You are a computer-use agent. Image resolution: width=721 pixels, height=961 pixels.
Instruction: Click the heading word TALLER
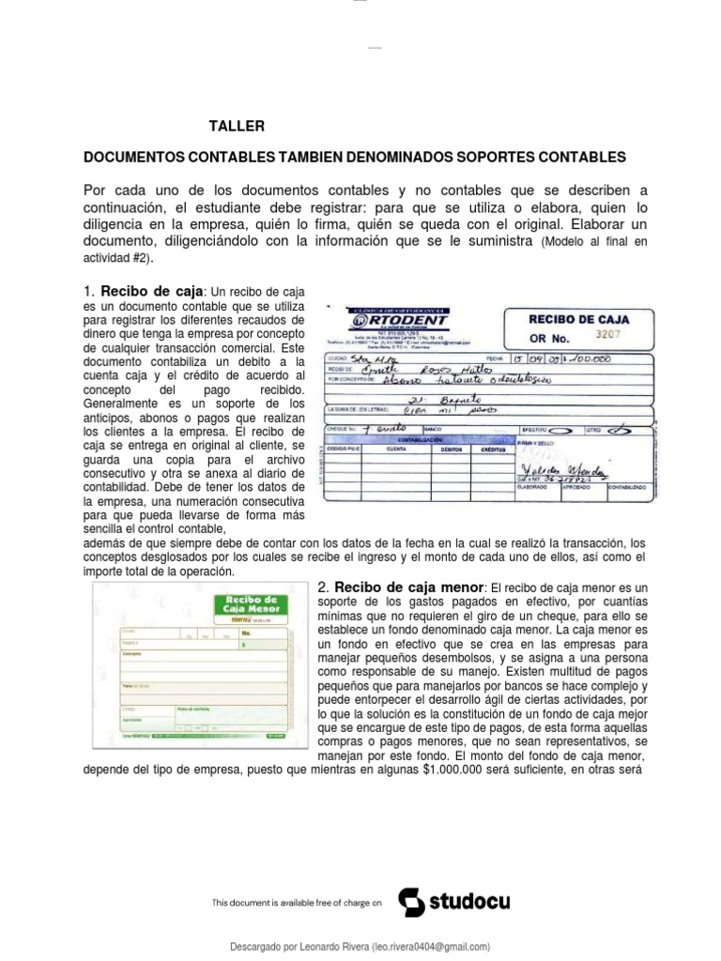[237, 126]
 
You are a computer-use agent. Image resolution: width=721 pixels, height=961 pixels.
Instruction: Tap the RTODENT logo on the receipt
[411, 320]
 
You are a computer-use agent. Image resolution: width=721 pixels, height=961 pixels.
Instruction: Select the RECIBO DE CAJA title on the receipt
[578, 319]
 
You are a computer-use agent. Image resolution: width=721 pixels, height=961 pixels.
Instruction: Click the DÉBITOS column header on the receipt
[453, 449]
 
